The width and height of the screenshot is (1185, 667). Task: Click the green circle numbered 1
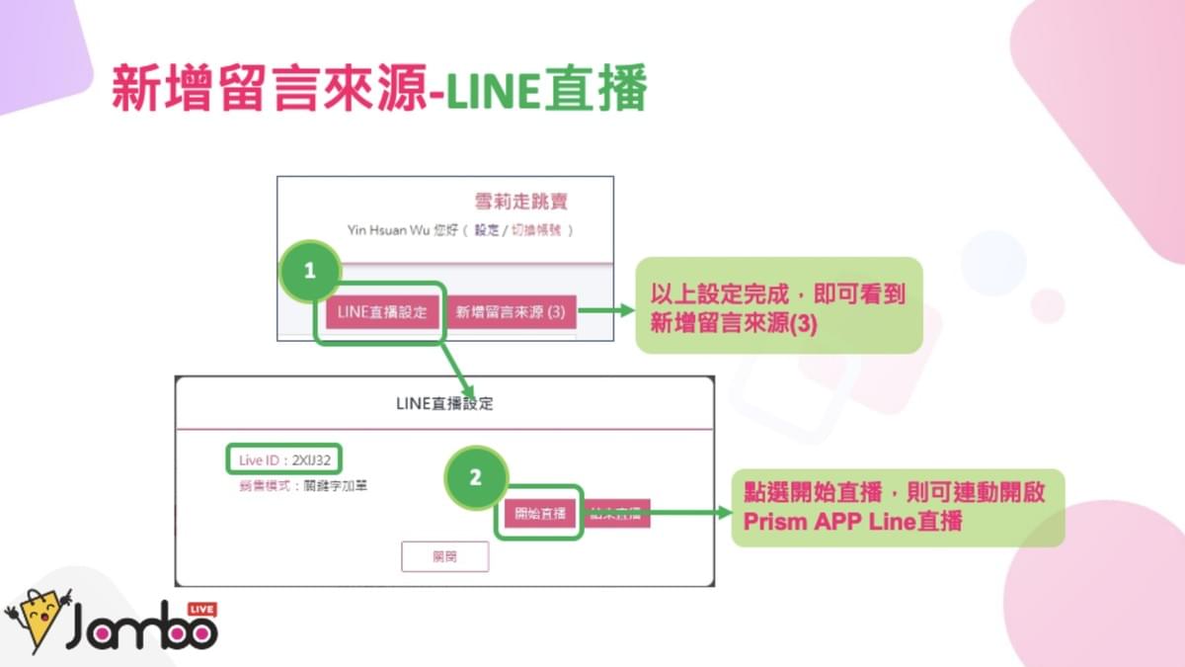(310, 270)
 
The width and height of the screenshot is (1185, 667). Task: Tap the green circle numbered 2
(476, 477)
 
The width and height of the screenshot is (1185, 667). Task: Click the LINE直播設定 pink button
(382, 312)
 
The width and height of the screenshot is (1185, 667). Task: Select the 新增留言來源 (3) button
(510, 312)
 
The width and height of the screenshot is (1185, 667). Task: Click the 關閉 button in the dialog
(445, 556)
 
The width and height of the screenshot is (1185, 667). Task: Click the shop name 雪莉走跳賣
(521, 203)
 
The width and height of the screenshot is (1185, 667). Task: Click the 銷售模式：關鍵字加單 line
(296, 485)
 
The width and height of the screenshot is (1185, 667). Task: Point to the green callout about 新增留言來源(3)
(778, 305)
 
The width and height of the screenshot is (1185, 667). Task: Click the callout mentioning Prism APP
(898, 507)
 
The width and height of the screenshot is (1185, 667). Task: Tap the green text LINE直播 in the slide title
(546, 91)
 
